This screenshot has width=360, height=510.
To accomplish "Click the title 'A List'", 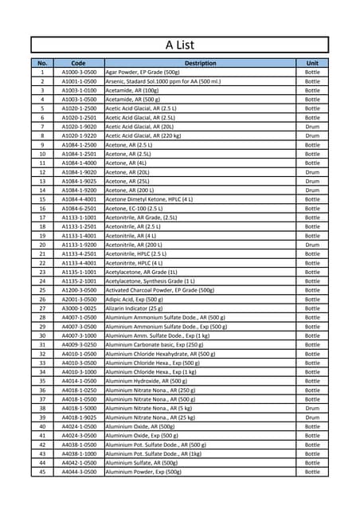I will pos(180,45).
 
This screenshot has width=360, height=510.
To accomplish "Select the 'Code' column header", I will pos(78,63).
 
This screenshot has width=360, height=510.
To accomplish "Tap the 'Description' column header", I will pos(200,63).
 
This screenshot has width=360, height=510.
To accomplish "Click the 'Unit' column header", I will pos(312,63).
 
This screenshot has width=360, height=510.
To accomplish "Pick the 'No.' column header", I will pos(42,63).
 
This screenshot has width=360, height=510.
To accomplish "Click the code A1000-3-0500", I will pos(78,73).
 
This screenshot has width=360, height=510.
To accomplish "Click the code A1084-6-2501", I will pos(78,208).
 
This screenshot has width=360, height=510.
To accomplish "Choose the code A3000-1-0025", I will pos(78,308).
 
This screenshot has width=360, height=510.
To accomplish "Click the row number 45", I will pos(42,472).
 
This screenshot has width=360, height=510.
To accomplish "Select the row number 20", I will pos(42,245).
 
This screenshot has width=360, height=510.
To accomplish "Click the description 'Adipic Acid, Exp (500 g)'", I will pos(134,299).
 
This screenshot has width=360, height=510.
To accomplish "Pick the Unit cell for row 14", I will pos(312,190).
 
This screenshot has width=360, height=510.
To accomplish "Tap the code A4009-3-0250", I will pos(78,344).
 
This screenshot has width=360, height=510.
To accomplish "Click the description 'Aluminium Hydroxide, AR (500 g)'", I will pos(147,381).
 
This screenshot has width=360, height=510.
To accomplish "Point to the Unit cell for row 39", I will pos(312,418).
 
